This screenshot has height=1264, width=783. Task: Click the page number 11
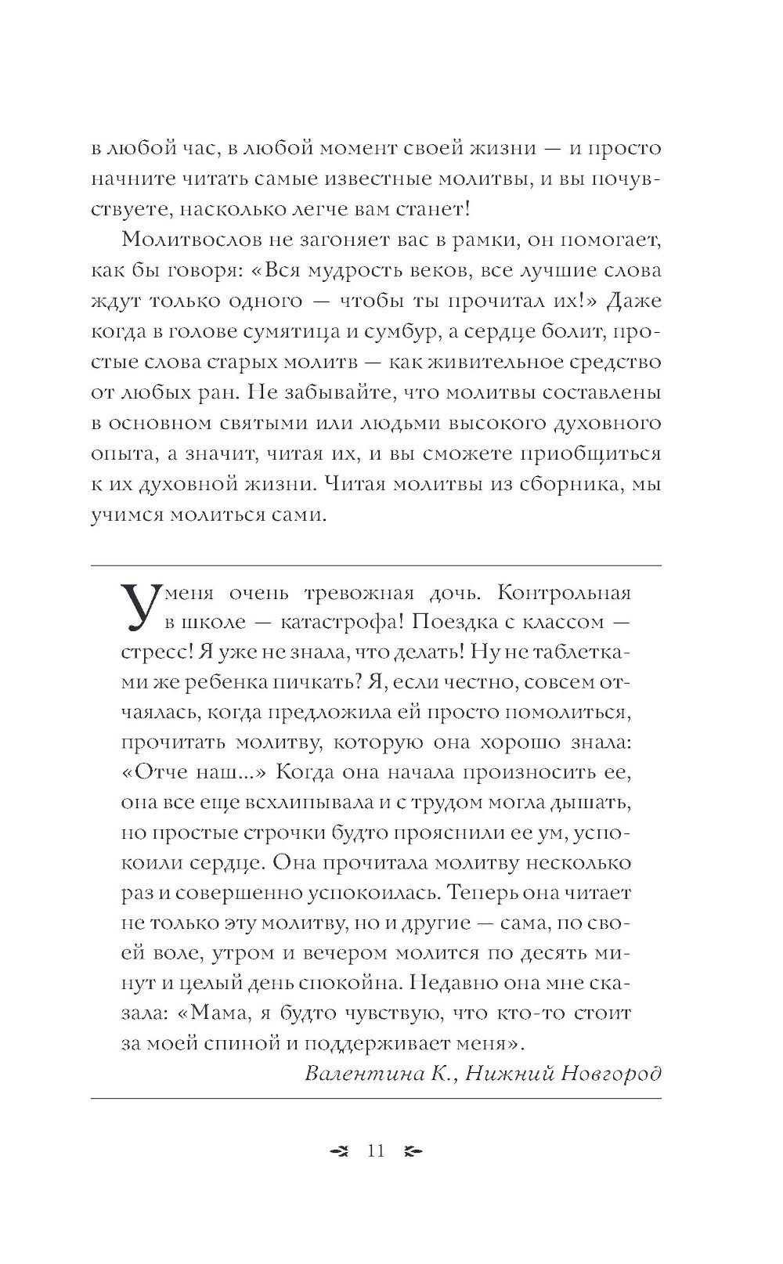pyautogui.click(x=376, y=1150)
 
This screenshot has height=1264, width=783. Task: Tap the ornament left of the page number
pyautogui.click(x=339, y=1151)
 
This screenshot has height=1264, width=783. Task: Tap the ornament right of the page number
pyautogui.click(x=413, y=1151)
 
